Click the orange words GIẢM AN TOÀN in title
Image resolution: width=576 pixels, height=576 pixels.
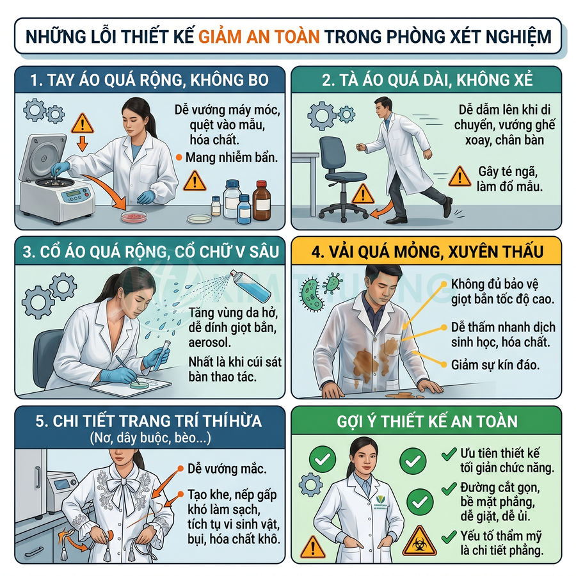pyautogui.click(x=259, y=35)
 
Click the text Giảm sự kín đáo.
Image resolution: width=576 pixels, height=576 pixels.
pyautogui.click(x=486, y=366)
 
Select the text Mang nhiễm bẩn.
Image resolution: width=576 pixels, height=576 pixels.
pyautogui.click(x=232, y=157)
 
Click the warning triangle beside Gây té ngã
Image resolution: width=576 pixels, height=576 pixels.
pyautogui.click(x=459, y=176)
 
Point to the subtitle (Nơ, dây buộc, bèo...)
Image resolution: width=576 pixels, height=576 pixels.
pyautogui.click(x=147, y=439)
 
